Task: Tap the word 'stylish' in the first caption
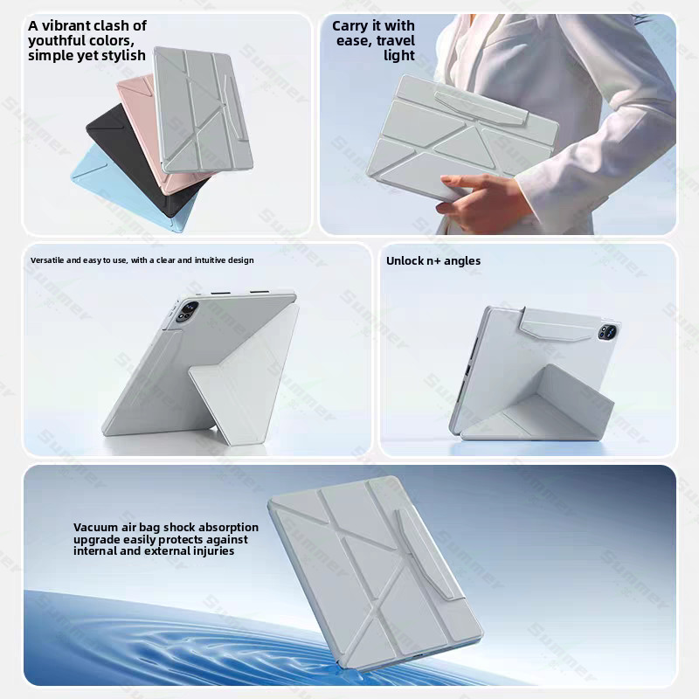(x=123, y=55)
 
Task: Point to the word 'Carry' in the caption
(x=350, y=26)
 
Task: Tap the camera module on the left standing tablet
(x=188, y=311)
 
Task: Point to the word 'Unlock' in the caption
(x=405, y=260)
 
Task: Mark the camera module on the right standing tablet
(x=607, y=331)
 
